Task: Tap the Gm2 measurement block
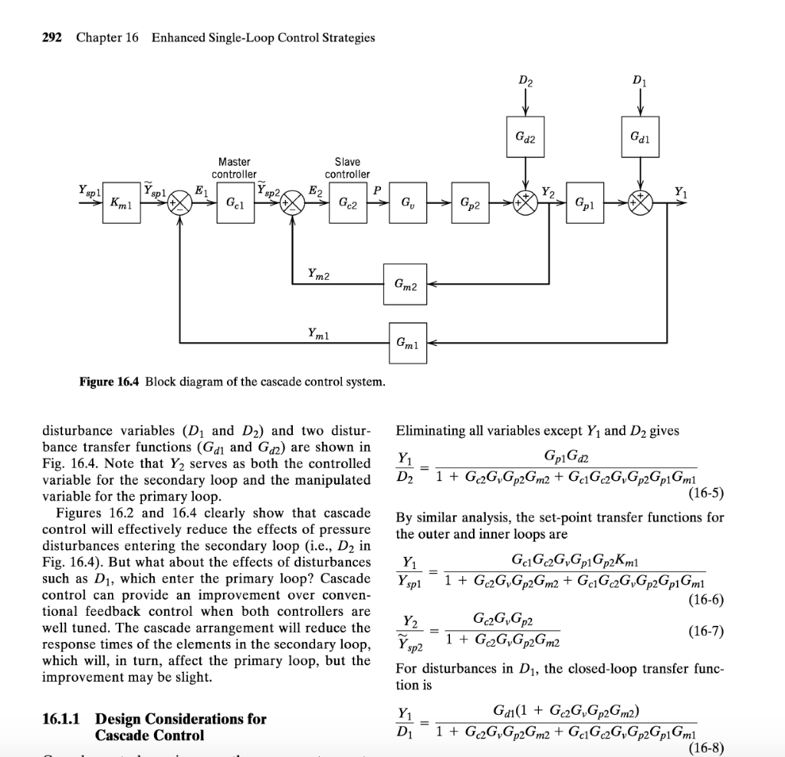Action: pos(406,285)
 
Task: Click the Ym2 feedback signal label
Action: pos(319,273)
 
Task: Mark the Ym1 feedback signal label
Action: pos(319,332)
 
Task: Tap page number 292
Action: pos(51,38)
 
